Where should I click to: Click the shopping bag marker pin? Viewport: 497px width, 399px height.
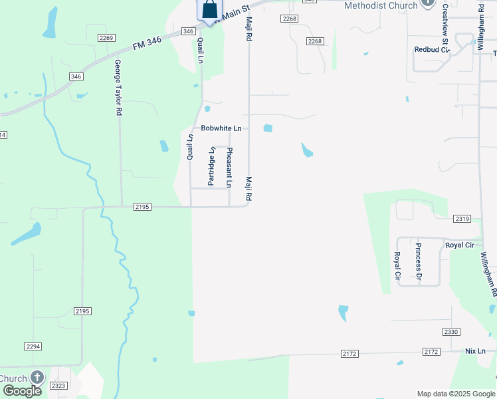point(209,11)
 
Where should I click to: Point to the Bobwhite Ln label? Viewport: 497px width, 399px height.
point(221,128)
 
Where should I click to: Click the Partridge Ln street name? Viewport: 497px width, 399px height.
point(212,166)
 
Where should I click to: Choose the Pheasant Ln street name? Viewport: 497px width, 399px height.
point(229,168)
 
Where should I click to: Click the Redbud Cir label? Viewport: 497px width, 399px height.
point(432,49)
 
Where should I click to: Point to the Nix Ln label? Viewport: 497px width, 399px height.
point(476,350)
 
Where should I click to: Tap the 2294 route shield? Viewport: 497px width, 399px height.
point(33,346)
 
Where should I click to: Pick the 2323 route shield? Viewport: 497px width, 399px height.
point(59,385)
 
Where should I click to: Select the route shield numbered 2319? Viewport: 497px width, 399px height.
point(462,219)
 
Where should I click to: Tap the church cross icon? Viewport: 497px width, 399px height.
point(37,378)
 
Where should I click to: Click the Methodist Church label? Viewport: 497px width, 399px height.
point(381,5)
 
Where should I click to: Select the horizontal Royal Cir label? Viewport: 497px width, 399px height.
point(458,245)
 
